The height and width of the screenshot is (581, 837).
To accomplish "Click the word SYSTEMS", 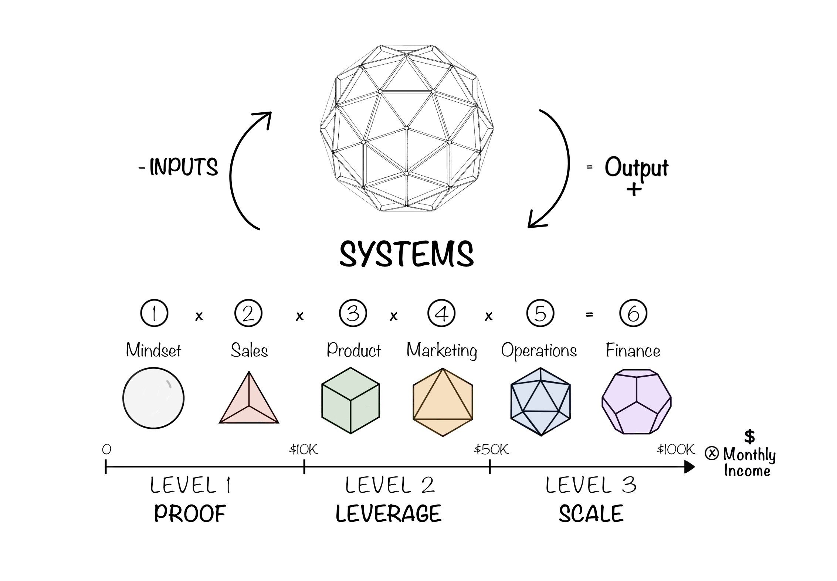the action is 406,254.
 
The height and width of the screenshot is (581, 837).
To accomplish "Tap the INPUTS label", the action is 183,167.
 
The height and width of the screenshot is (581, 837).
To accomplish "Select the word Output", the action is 636,168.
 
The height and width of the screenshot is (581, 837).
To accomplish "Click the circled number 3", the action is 353,313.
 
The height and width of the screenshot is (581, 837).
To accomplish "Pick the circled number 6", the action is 633,313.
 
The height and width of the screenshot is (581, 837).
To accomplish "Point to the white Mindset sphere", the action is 153,398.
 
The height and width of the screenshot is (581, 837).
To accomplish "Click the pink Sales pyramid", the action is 249,401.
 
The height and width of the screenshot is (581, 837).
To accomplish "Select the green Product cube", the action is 350,400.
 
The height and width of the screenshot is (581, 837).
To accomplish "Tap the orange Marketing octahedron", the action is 443,402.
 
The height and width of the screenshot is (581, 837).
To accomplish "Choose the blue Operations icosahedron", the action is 541,401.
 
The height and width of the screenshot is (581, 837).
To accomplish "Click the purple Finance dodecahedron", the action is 636,401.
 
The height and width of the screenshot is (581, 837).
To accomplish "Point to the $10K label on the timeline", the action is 303,449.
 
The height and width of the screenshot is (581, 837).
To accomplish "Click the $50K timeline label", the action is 491,449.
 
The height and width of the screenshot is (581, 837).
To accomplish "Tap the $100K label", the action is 675,449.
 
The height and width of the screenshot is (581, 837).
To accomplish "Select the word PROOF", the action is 190,514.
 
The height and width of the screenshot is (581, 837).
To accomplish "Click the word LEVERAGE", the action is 389,514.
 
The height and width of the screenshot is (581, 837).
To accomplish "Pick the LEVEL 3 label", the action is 591,485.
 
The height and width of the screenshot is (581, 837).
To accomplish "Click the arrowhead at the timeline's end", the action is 689,467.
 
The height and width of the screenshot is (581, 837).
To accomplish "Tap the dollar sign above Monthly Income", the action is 749,436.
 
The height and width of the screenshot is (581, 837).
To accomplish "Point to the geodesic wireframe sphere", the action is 406,128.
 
